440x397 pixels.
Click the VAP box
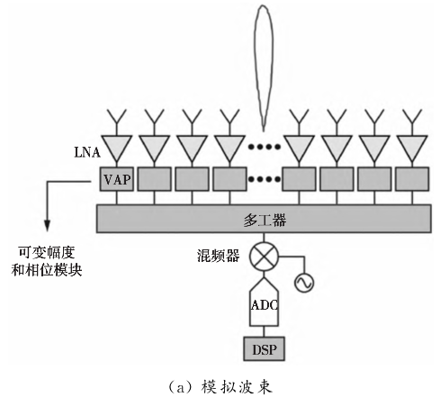[117, 178]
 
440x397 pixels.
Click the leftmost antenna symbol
[117, 119]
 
